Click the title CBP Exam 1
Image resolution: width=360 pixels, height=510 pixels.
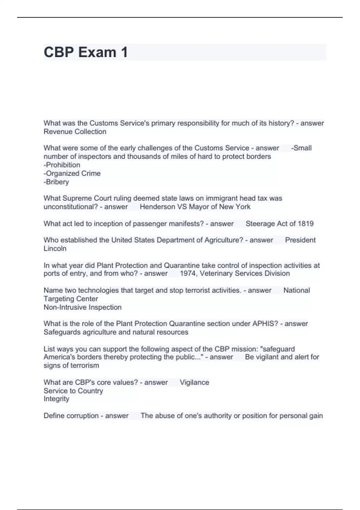(x=86, y=52)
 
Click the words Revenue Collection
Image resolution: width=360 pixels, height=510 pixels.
(x=75, y=132)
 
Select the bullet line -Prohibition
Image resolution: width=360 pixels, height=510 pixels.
(x=62, y=165)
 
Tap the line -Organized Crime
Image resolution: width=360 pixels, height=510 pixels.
(x=72, y=173)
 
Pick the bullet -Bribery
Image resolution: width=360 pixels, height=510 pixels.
(x=56, y=182)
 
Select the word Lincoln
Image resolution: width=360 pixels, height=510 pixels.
(x=55, y=249)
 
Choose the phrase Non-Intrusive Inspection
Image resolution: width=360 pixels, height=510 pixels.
(x=82, y=307)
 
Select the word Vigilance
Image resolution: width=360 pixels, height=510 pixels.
(x=194, y=382)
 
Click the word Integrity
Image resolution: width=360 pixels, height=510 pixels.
(x=56, y=399)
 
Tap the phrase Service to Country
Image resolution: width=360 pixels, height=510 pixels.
(x=73, y=391)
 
